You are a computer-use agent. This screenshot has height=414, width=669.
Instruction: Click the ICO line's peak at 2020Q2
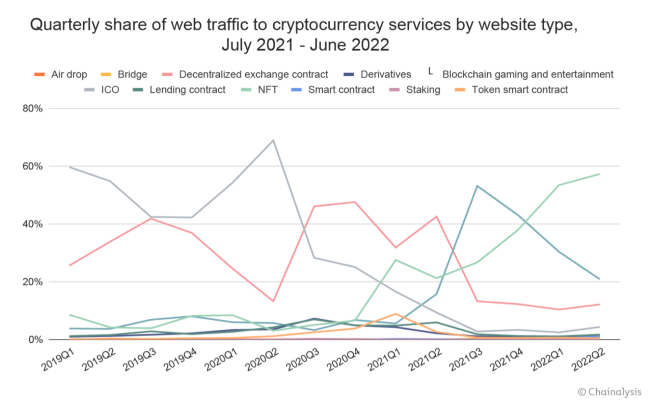coord(273,140)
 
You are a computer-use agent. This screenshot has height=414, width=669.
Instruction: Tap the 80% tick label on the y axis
coord(32,108)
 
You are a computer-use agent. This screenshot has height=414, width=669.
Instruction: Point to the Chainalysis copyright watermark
coord(609,392)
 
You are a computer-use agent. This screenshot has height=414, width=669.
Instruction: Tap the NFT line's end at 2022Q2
coord(599,174)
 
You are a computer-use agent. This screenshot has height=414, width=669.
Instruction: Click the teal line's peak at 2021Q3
coord(477,186)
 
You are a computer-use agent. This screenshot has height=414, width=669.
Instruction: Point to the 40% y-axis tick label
coord(32,224)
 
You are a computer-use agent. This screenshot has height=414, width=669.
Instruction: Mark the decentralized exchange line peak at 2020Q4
coord(355,202)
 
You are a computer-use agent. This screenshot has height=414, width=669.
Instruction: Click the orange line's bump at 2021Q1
coord(396,314)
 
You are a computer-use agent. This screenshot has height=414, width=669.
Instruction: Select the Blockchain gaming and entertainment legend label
coord(527,74)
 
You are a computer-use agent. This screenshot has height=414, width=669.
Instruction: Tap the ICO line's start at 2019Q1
coord(70,167)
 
